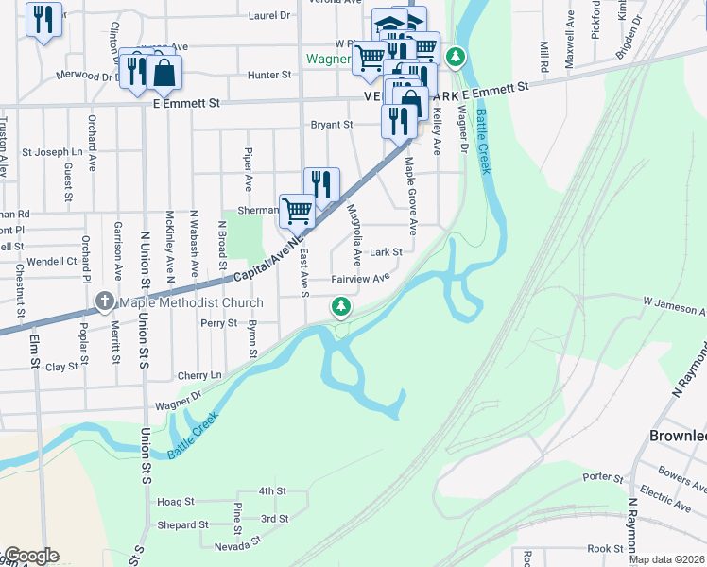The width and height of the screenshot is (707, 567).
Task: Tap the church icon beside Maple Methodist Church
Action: point(104,303)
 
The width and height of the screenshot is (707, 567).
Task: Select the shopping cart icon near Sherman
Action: point(297,211)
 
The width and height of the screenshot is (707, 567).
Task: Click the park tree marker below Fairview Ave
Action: point(341,306)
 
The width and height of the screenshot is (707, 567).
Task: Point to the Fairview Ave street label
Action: point(360,279)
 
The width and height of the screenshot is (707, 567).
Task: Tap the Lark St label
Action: point(386,252)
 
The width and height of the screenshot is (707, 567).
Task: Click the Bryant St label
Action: point(332,124)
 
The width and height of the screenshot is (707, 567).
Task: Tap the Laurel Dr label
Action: point(269,16)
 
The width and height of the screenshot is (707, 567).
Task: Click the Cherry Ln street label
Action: point(198,375)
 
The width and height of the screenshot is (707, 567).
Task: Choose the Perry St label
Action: point(218,323)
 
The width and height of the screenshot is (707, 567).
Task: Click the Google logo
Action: point(30,556)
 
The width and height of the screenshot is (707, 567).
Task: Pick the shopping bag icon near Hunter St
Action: point(164,73)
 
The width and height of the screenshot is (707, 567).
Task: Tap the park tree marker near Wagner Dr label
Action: point(456,58)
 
